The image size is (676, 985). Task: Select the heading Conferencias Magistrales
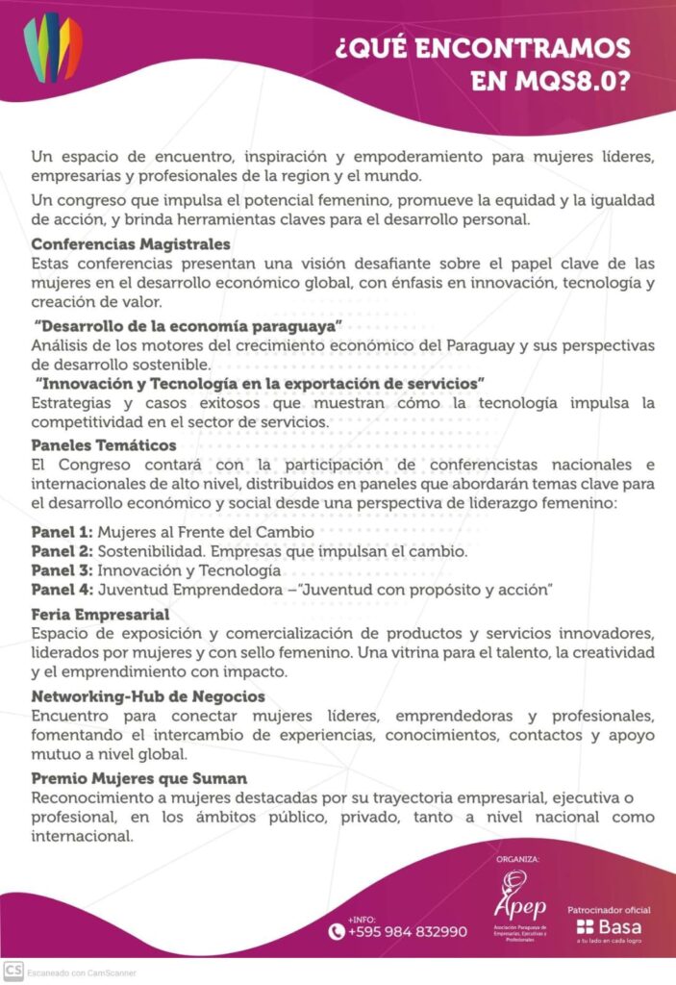click(131, 244)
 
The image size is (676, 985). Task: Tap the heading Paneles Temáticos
click(104, 445)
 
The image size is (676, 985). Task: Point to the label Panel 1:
click(62, 531)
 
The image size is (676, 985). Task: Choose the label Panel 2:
click(62, 551)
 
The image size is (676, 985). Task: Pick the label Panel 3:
click(62, 570)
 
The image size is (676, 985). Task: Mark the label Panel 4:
click(62, 590)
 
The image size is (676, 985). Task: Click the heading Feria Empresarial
click(100, 614)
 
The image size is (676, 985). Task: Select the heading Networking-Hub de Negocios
click(148, 695)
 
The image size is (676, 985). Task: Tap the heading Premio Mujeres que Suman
click(139, 777)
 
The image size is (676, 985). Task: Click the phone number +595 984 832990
click(408, 931)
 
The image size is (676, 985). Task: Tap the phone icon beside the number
click(336, 931)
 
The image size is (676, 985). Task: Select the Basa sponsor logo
click(609, 927)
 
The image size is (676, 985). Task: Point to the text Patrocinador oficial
click(609, 909)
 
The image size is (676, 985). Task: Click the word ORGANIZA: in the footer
click(517, 858)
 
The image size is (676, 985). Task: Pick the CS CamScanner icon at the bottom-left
click(13, 972)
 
